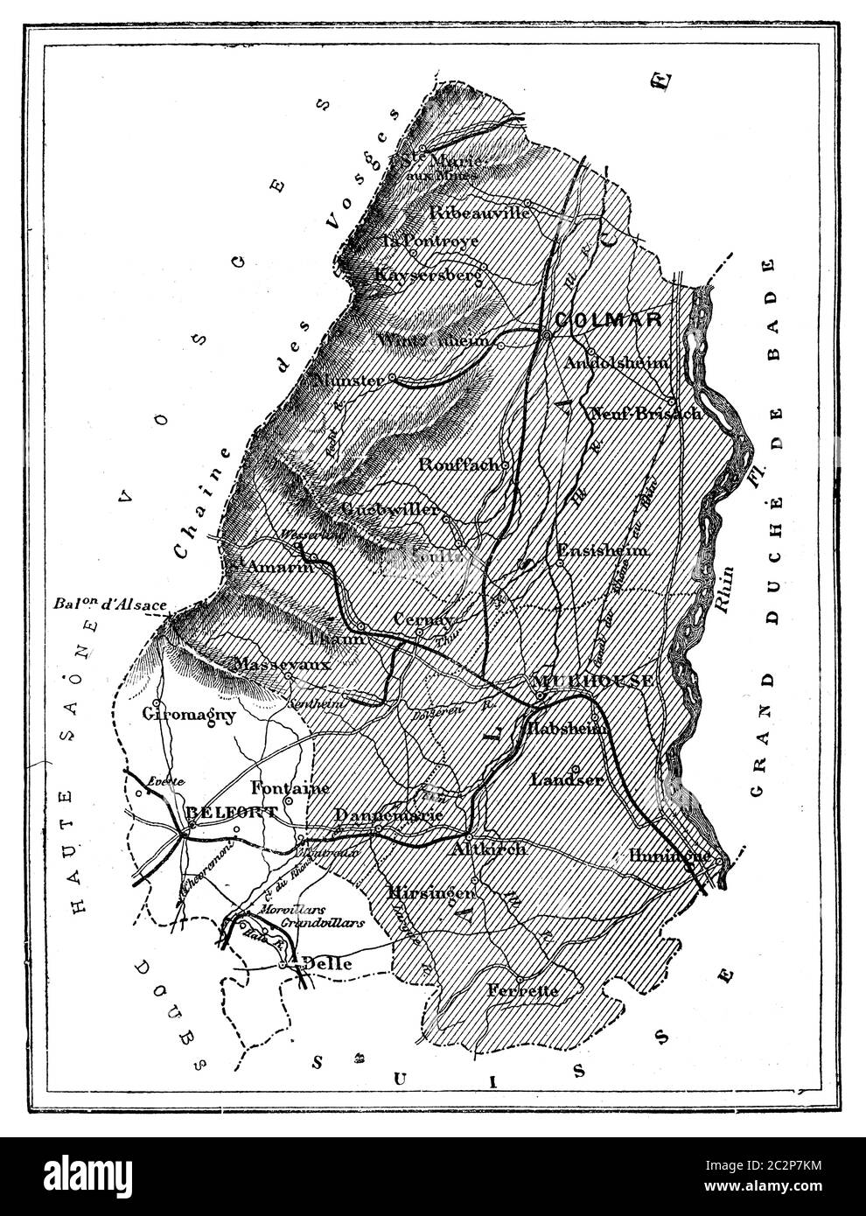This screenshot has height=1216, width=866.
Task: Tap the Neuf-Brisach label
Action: (x=646, y=413)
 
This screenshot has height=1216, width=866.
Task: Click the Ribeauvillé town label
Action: (x=480, y=213)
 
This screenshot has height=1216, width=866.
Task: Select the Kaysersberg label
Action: (x=429, y=275)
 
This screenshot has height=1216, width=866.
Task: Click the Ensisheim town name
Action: (x=603, y=550)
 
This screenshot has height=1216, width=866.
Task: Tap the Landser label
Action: (x=567, y=779)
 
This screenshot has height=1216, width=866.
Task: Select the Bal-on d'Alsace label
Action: (x=109, y=604)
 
